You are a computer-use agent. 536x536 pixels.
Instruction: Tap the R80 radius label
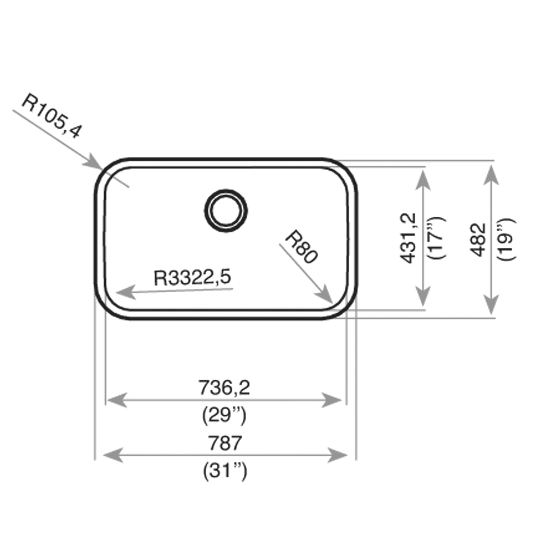(x=301, y=247)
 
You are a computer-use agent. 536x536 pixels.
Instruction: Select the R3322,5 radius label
(x=192, y=277)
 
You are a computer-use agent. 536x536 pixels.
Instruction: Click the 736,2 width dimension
(x=224, y=388)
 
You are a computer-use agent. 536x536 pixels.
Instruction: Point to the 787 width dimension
(x=224, y=443)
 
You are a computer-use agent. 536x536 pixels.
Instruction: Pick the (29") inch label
(x=224, y=415)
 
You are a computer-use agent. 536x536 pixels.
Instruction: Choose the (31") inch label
(x=224, y=471)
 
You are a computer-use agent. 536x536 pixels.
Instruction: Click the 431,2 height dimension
(x=409, y=238)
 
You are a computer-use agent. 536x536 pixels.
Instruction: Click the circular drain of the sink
(x=226, y=211)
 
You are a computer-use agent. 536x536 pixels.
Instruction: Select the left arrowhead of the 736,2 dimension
(x=115, y=400)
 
